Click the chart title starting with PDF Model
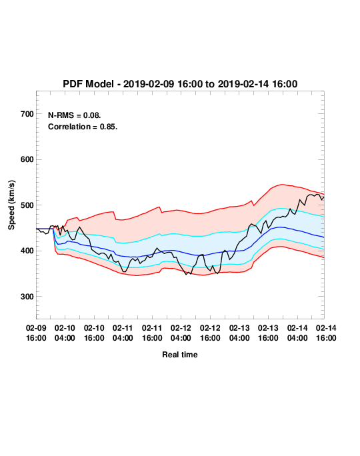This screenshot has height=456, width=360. pos(180,84)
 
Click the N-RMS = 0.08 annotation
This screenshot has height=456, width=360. pos(75,115)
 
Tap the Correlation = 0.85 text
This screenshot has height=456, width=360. pos(83,127)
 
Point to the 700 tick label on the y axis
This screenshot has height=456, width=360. pos(27,114)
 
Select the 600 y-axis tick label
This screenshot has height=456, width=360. pos(27,159)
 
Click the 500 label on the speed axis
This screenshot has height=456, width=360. pos(27,205)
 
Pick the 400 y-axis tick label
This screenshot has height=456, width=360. pos(27,251)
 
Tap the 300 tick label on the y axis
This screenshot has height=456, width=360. pos(27,297)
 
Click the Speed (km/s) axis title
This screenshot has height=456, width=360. pos(11,205)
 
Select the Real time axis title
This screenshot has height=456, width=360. pos(180,355)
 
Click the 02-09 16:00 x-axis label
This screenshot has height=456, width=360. pos(36,333)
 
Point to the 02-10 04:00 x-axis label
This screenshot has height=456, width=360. pos(65,333)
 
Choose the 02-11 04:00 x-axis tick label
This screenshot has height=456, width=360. pos(123,333)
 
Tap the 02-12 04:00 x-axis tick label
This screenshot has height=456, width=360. pos(181,333)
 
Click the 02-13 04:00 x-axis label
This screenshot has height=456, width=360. pos(239,333)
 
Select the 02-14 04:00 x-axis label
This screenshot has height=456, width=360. pos(297,333)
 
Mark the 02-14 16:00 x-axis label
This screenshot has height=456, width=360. pos(326,333)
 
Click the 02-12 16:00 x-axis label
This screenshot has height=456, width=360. pos(210,333)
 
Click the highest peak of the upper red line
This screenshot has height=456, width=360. pos(282,185)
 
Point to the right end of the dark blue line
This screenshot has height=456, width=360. pos(324,237)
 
